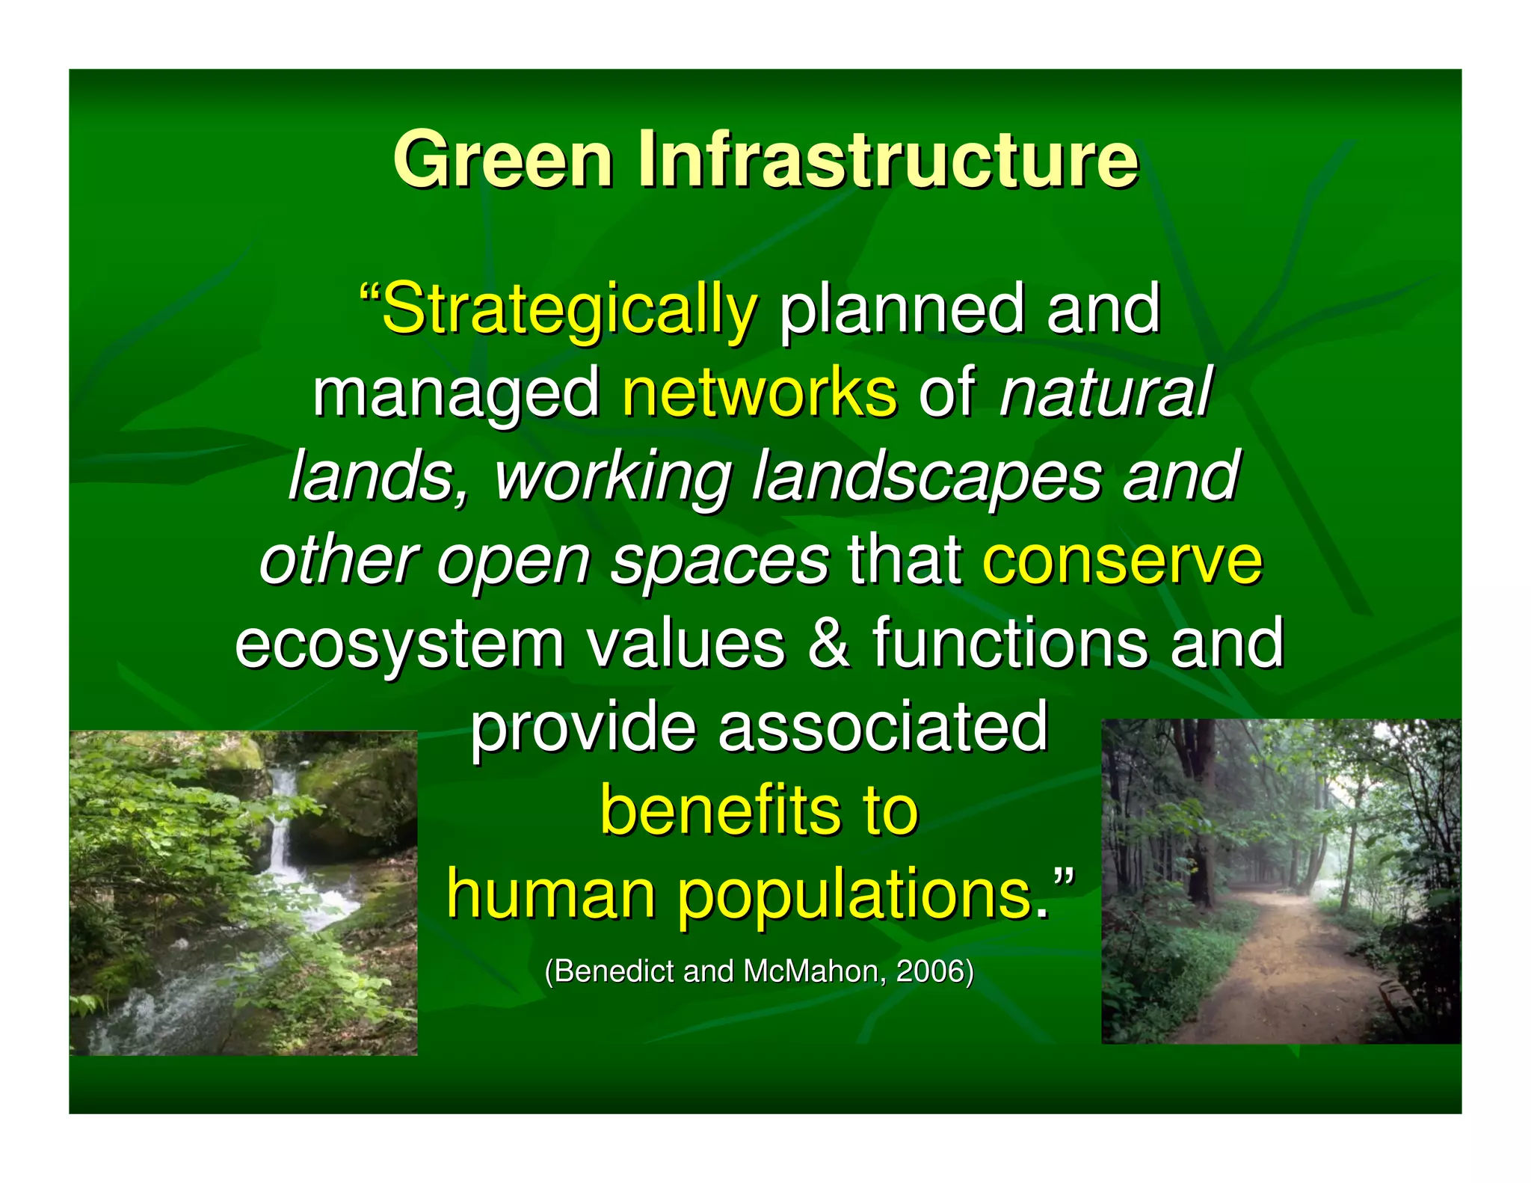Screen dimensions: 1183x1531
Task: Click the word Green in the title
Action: (x=503, y=159)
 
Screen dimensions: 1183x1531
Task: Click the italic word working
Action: (x=612, y=476)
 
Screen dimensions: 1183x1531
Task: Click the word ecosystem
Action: (x=399, y=645)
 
